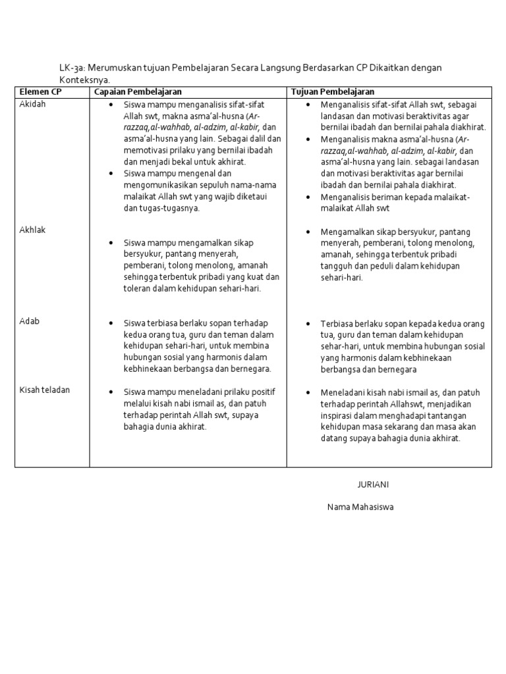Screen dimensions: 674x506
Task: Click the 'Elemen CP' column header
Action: click(x=40, y=91)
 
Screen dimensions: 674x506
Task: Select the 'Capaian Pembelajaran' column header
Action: click(x=138, y=91)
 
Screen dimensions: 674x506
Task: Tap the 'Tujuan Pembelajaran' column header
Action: click(x=333, y=91)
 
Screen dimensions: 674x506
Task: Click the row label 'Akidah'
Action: click(x=33, y=104)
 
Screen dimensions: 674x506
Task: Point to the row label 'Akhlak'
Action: click(x=33, y=230)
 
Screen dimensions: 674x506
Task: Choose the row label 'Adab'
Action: click(x=30, y=321)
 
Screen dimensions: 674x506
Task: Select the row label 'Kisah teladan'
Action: click(x=45, y=390)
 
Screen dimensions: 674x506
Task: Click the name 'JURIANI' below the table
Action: click(x=373, y=484)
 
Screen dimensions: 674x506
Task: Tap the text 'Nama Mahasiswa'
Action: click(x=360, y=507)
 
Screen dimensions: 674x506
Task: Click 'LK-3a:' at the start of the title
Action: click(x=72, y=68)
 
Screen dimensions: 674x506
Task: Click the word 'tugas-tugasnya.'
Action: click(x=161, y=208)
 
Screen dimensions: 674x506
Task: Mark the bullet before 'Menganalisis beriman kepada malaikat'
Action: click(x=308, y=197)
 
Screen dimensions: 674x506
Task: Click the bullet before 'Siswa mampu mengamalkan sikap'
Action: click(x=111, y=243)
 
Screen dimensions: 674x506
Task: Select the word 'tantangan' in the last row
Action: click(x=454, y=415)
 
